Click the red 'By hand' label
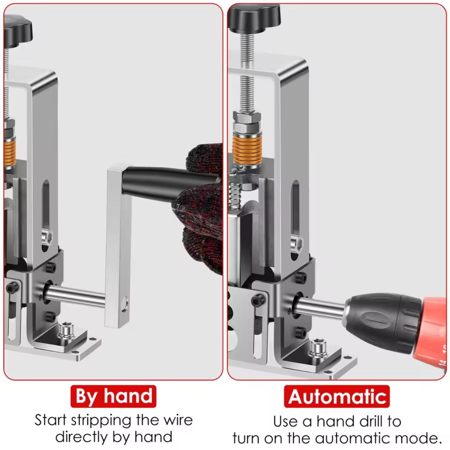click(113, 396)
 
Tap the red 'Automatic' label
click(337, 396)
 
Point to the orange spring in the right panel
click(247, 149)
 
